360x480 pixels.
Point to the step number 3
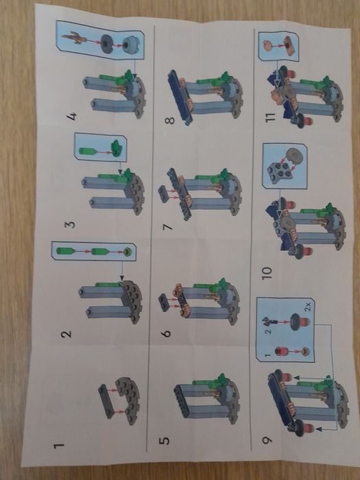(x=71, y=224)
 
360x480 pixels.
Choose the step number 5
(x=166, y=437)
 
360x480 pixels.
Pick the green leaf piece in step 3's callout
(x=114, y=146)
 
